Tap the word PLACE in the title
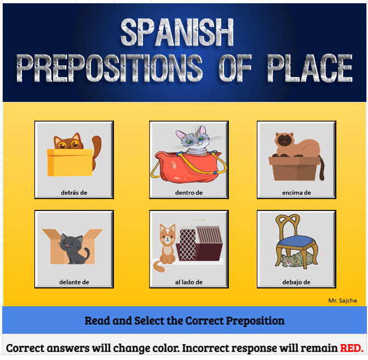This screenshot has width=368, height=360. click(309, 68)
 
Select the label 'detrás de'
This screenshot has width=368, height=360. click(74, 192)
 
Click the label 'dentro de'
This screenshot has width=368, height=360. click(189, 192)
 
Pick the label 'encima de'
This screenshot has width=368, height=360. click(296, 192)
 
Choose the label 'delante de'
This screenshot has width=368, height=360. click(74, 282)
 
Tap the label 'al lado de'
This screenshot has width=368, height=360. click(189, 282)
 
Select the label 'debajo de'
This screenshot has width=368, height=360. click(296, 282)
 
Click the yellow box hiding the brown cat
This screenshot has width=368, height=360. click(70, 162)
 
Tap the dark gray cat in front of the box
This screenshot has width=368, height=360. click(73, 248)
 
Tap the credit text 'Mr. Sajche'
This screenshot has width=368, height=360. click(343, 300)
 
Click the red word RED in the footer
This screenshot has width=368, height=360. click(351, 348)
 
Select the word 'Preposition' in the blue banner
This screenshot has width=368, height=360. click(248, 320)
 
